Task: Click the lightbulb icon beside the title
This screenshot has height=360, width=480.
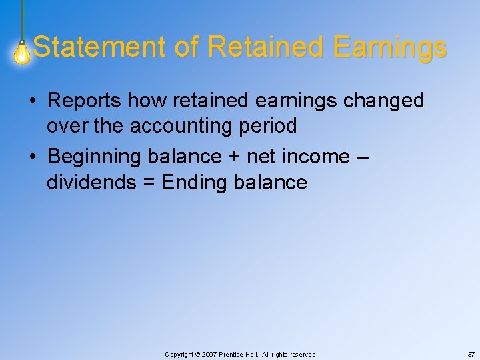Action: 23,52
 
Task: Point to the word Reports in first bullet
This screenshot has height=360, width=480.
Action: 85,101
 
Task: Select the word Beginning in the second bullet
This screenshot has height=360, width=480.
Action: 94,157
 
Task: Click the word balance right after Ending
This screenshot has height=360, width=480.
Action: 271,183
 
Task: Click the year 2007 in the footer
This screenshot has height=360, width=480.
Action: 207,355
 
